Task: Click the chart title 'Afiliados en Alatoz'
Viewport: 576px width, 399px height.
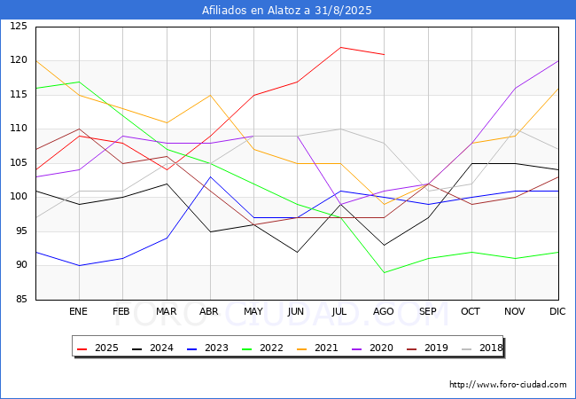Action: click(x=252, y=11)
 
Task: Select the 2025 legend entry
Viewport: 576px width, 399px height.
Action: click(x=97, y=348)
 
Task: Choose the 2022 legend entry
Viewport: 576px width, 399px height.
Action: click(x=262, y=348)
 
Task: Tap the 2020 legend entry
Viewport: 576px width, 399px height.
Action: click(x=372, y=348)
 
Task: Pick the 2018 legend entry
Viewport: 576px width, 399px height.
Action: click(x=482, y=348)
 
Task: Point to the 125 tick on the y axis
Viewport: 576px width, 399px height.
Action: click(x=19, y=26)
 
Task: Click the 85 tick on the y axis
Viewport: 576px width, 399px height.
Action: click(x=21, y=299)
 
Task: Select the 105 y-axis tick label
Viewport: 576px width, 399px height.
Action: click(x=19, y=163)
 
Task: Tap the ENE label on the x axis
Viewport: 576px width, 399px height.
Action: click(x=78, y=311)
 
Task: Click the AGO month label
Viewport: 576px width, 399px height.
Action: click(x=384, y=311)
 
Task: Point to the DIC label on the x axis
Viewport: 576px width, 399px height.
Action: click(x=557, y=311)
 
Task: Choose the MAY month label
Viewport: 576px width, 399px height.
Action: click(x=253, y=311)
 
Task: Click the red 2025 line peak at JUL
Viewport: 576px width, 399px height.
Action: click(x=341, y=47)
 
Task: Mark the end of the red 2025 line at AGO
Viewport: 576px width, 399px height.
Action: click(x=385, y=54)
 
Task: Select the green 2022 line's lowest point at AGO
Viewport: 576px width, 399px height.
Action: click(x=385, y=272)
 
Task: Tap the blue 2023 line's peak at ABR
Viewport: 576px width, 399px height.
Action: click(x=210, y=176)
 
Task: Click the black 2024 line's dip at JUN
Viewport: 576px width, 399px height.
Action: click(x=297, y=253)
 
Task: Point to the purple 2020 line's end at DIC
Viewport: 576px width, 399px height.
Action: click(x=558, y=61)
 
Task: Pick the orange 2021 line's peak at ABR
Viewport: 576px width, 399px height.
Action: click(x=210, y=95)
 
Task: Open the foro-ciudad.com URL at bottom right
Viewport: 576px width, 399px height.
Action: click(x=508, y=385)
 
